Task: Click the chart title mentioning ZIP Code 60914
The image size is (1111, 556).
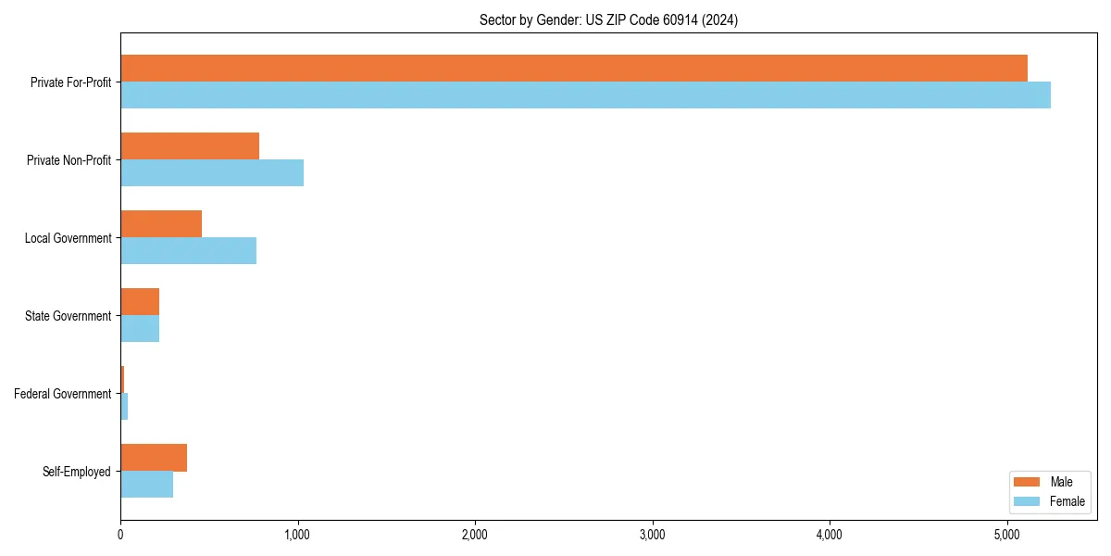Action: coord(608,19)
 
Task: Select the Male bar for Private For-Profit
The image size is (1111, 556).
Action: coord(574,69)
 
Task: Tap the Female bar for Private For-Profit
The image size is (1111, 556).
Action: coord(585,95)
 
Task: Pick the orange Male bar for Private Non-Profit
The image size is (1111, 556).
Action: coord(190,146)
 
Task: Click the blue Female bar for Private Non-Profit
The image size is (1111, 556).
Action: coord(212,173)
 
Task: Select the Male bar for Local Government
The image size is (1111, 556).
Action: coord(161,224)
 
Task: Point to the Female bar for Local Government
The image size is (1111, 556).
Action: coord(188,251)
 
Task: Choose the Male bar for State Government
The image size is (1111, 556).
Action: coord(140,302)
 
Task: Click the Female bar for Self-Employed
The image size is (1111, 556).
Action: coord(146,485)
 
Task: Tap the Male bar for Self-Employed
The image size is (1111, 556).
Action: coord(154,458)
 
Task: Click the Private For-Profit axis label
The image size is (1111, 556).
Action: coord(70,82)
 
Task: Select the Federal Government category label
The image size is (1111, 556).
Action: coord(63,394)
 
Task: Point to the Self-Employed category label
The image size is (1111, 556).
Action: coord(77,472)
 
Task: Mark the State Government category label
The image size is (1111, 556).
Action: coord(69,316)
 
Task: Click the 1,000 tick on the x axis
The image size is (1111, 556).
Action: coord(297,534)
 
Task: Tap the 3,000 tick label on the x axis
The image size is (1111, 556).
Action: coord(652,534)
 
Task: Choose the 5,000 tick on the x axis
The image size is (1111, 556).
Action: coord(1006,534)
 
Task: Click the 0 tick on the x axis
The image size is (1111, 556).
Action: coord(120,534)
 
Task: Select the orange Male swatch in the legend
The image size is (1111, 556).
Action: coord(1028,482)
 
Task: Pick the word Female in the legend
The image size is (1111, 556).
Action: coord(1067,501)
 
